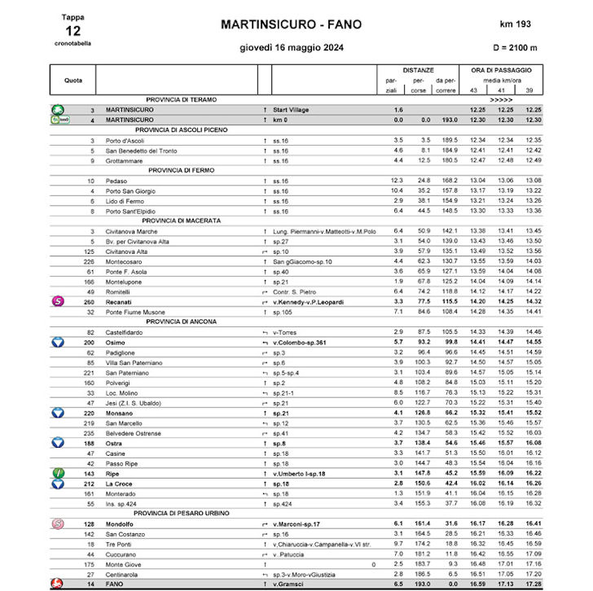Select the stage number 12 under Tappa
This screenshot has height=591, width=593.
click(72, 29)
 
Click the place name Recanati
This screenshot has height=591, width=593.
click(121, 301)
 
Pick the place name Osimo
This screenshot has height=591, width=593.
click(116, 343)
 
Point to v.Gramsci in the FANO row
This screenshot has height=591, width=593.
click(289, 584)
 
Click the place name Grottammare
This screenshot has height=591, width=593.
click(126, 160)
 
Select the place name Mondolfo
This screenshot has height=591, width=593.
click(121, 523)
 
